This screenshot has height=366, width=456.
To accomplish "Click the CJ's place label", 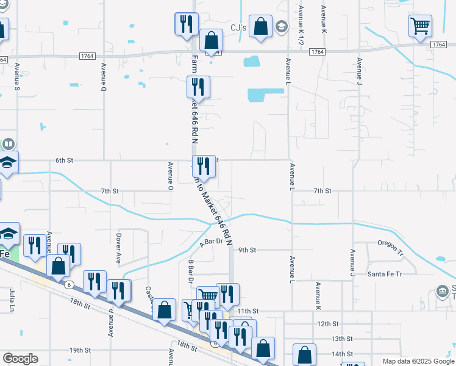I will click(238, 27).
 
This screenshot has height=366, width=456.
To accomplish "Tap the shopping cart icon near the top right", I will click(420, 26).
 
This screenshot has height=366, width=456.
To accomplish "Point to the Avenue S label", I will click(17, 76).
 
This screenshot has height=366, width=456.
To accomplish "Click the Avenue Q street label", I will click(104, 76).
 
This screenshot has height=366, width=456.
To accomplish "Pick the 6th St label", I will click(64, 160).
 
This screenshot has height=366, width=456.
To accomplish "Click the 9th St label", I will click(247, 250).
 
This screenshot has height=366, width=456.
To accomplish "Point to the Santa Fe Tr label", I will click(385, 274).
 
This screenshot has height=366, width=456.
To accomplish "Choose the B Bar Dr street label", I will click(190, 274).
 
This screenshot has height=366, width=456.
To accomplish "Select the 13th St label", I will click(342, 339).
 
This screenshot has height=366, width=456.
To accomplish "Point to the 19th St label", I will click(79, 351).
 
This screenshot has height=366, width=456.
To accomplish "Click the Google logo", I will click(20, 359).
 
